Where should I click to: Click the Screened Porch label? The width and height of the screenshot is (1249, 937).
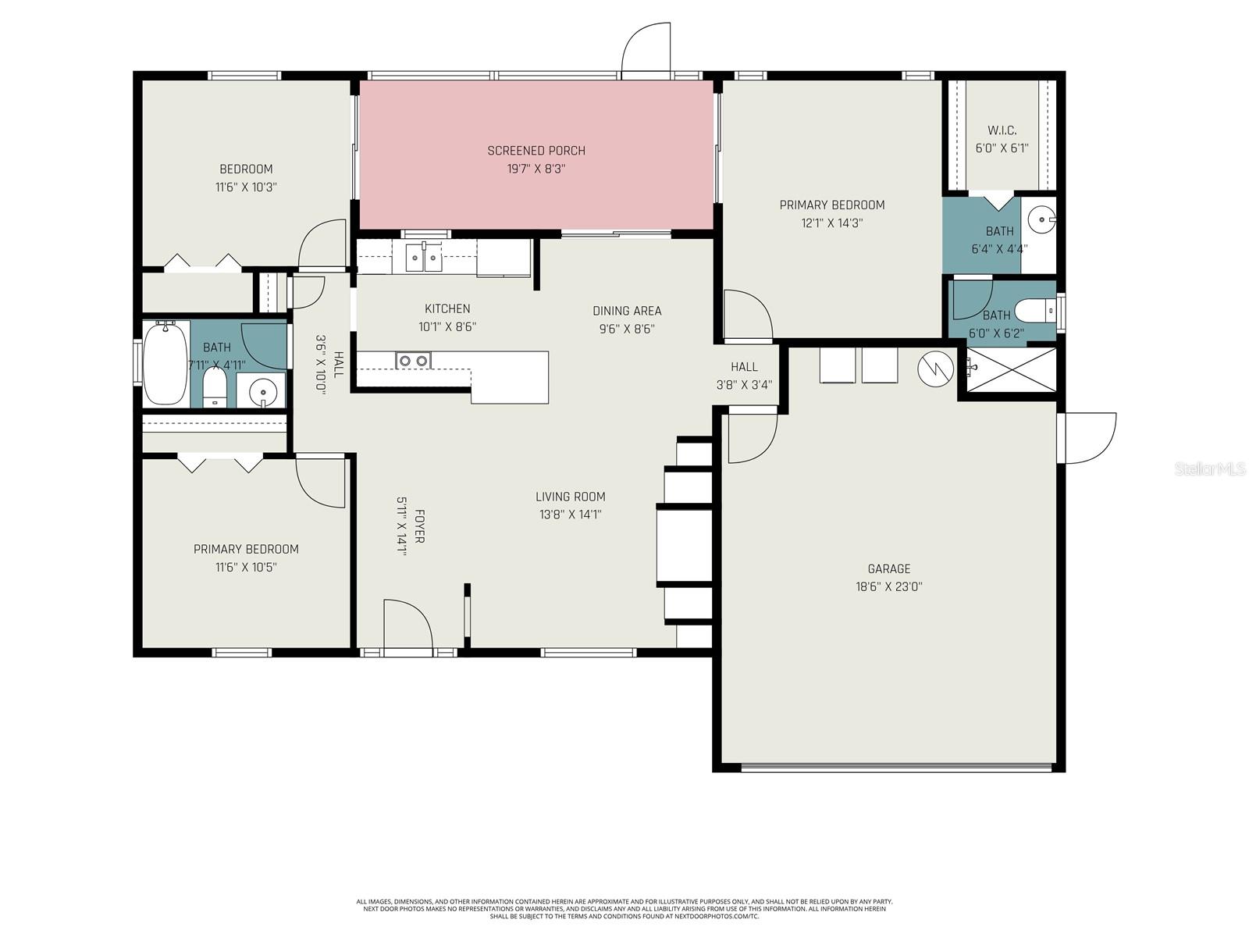tap(536, 151)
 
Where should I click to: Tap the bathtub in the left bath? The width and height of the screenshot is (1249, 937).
tap(165, 364)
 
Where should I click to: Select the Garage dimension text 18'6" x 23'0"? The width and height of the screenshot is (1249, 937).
tap(888, 587)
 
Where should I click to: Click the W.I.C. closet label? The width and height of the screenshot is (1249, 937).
tap(1002, 130)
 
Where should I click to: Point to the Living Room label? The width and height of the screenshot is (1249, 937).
tap(570, 497)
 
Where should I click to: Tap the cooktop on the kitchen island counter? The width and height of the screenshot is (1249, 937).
tap(413, 360)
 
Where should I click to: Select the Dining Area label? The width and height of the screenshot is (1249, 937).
tap(626, 311)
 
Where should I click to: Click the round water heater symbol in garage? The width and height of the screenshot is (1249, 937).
tap(935, 369)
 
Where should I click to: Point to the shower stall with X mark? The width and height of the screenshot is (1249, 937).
tap(1011, 370)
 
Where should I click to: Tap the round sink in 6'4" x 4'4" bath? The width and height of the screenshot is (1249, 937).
tap(1041, 220)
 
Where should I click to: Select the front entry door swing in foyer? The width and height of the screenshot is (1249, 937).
tap(407, 625)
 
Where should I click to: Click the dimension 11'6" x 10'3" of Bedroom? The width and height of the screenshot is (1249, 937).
tap(246, 187)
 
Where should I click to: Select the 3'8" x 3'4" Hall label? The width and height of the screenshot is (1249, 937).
tap(744, 366)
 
